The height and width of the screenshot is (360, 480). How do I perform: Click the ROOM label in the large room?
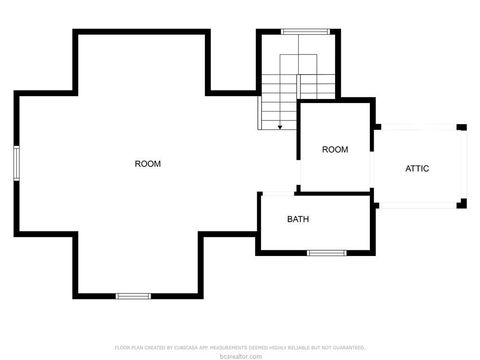tap(148, 163)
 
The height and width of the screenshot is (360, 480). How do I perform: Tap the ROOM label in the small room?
tap(335, 150)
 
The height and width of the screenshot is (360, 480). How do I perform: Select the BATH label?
tap(298, 219)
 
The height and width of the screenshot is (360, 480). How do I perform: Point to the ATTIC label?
tap(417, 168)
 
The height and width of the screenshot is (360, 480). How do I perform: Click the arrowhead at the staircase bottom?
tap(280, 127)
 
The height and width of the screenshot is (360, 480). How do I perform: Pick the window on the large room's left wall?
tap(16, 162)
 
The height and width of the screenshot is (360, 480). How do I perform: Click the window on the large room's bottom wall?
tap(132, 296)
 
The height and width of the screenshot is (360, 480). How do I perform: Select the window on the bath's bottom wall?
tap(326, 253)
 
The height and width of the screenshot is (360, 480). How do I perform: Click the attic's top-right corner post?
tap(461, 127)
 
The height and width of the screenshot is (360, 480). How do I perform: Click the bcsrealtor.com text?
tap(240, 355)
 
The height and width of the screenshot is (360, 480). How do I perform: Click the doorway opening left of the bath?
tap(260, 210)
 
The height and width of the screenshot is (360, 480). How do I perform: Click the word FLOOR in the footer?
tap(121, 347)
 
